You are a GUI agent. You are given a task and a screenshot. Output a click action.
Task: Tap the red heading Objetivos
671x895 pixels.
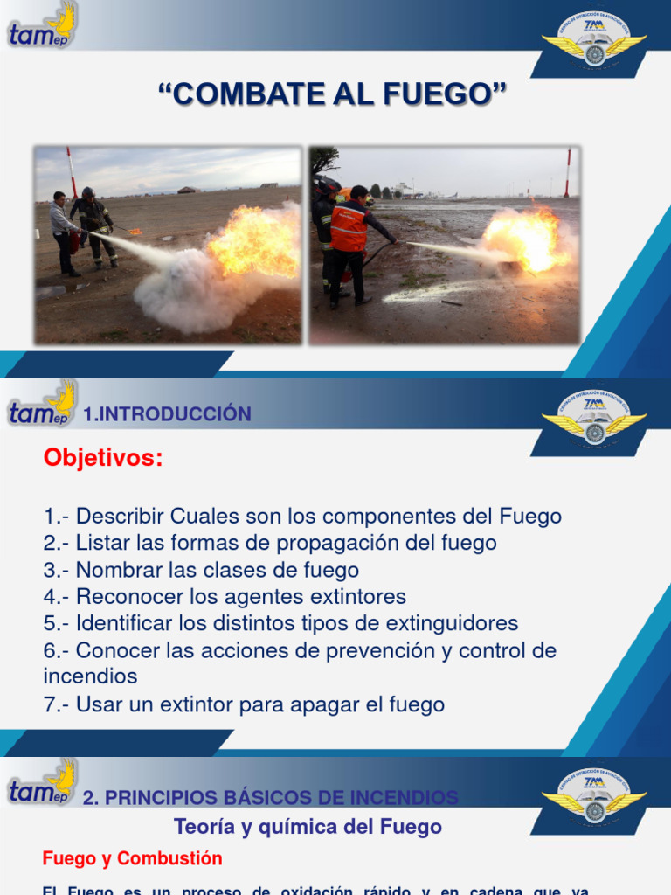click(103, 458)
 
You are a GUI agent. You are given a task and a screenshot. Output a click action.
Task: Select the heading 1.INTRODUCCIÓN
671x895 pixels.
click(167, 414)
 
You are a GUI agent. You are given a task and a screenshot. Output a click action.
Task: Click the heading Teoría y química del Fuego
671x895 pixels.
click(308, 826)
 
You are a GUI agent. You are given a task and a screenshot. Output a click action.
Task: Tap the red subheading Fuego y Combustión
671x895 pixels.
click(132, 858)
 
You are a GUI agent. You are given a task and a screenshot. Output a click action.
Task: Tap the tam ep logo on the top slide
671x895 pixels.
click(42, 26)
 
